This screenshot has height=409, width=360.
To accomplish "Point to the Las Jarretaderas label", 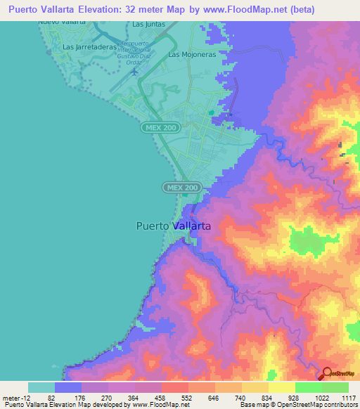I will (88, 47).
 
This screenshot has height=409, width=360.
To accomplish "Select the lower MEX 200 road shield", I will (183, 188).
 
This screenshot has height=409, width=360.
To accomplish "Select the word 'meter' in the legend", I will (11, 398).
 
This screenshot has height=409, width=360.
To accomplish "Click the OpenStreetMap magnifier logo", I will (327, 374).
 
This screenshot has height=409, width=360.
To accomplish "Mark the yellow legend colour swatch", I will (281, 387).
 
